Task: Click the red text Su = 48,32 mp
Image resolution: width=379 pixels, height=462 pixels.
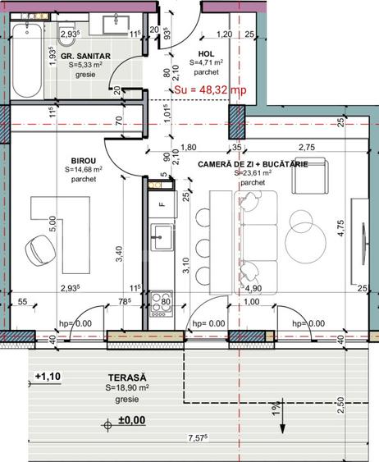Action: click(211, 90)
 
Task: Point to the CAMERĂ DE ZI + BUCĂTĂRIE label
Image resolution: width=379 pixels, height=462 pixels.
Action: click(253, 165)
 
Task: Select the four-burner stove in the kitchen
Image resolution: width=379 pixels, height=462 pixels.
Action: click(161, 300)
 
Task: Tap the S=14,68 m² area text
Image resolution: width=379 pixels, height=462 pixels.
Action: click(83, 172)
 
